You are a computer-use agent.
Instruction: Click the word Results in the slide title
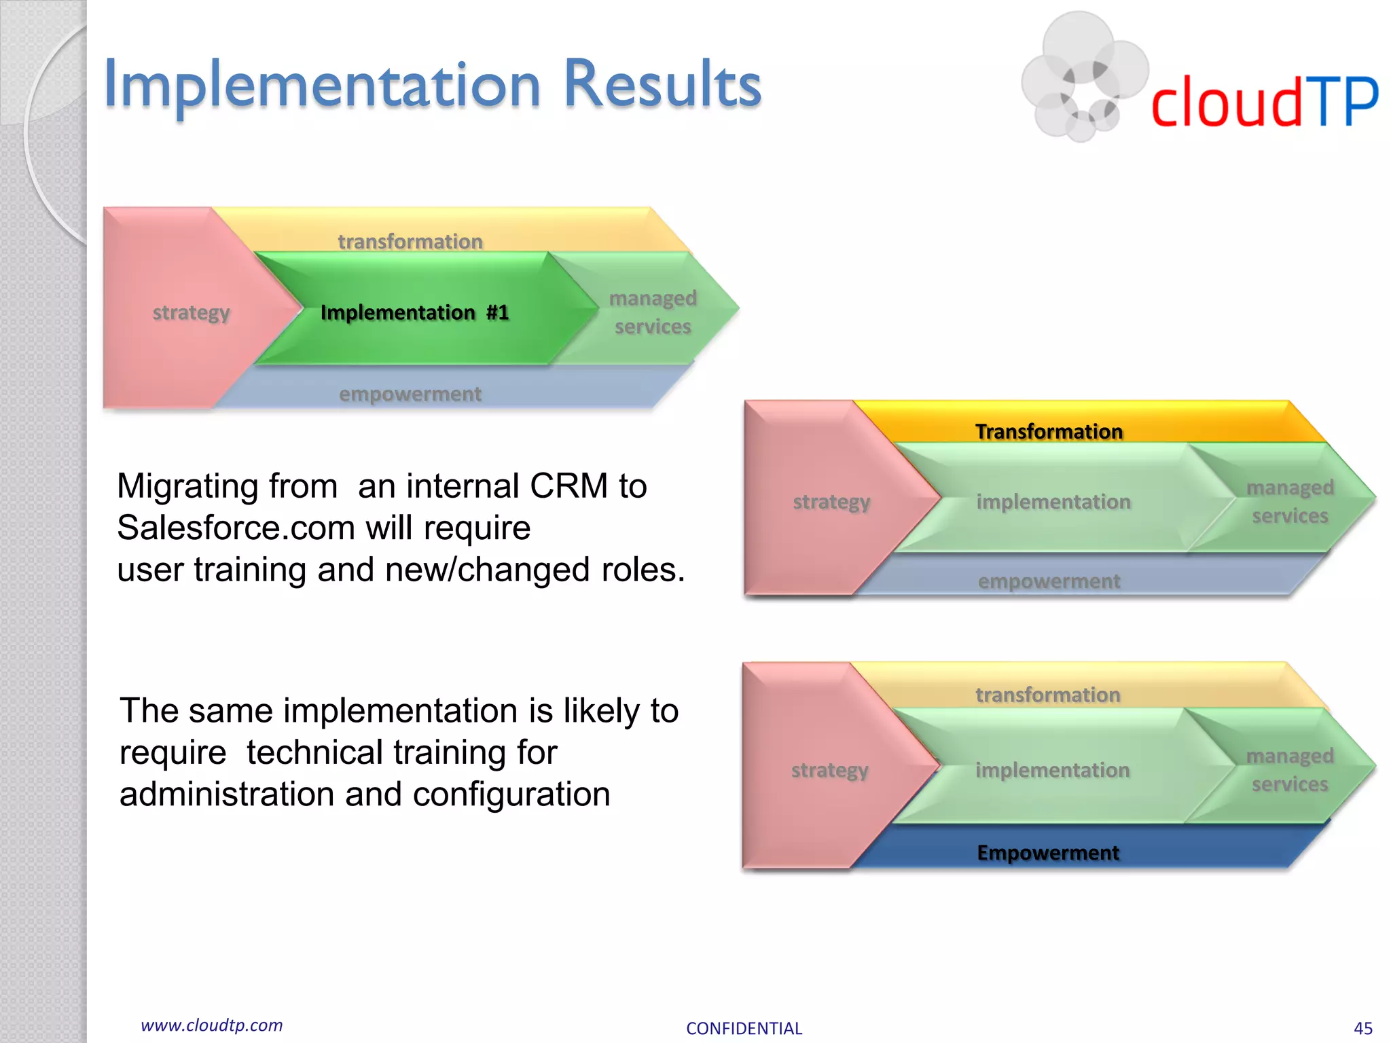662,85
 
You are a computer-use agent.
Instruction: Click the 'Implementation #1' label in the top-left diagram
414,312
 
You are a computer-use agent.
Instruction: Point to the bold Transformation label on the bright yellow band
1049,431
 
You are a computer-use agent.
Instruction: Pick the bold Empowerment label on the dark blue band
1048,852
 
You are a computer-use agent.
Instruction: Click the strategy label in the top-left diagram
191,312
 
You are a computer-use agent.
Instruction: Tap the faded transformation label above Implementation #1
410,241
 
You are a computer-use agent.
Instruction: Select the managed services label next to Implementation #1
653,312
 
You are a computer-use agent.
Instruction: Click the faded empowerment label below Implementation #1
410,394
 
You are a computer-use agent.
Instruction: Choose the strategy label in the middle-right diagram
831,502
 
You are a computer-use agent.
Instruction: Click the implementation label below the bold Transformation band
1053,502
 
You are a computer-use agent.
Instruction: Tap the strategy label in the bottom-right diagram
829,770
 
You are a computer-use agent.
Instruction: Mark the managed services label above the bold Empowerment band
1290,770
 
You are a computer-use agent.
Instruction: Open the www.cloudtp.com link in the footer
211,1025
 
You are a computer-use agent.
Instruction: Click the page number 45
1362,1028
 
